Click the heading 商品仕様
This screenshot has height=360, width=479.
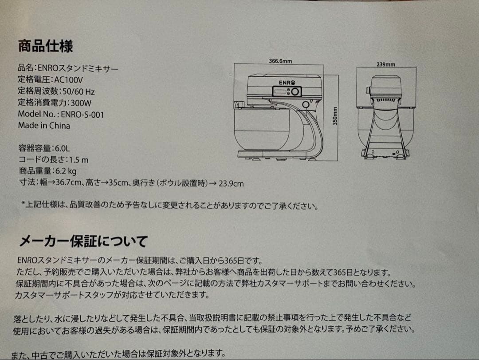click(x=45, y=46)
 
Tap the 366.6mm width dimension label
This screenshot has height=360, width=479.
click(x=280, y=61)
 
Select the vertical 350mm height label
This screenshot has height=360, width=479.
click(x=336, y=116)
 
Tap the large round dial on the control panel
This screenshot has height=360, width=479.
click(x=296, y=92)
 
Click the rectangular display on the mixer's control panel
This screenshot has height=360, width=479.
click(x=279, y=91)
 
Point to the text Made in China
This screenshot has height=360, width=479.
click(x=44, y=125)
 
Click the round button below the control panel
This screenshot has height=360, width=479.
click(x=306, y=104)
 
